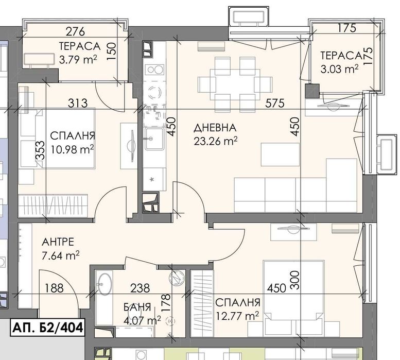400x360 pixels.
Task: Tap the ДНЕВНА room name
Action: tap(215, 127)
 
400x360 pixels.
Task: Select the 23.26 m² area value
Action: tap(215, 140)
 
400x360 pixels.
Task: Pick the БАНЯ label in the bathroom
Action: tap(137, 307)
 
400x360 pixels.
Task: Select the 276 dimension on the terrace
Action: tap(75, 32)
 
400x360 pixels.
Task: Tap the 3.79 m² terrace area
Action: tap(78, 59)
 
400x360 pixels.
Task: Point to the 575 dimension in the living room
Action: tap(275, 103)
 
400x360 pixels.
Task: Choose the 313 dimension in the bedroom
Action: tap(78, 103)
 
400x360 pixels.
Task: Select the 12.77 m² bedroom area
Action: tap(237, 315)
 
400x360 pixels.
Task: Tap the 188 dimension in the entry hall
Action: tap(54, 288)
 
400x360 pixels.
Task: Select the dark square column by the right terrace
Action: tap(311, 91)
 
